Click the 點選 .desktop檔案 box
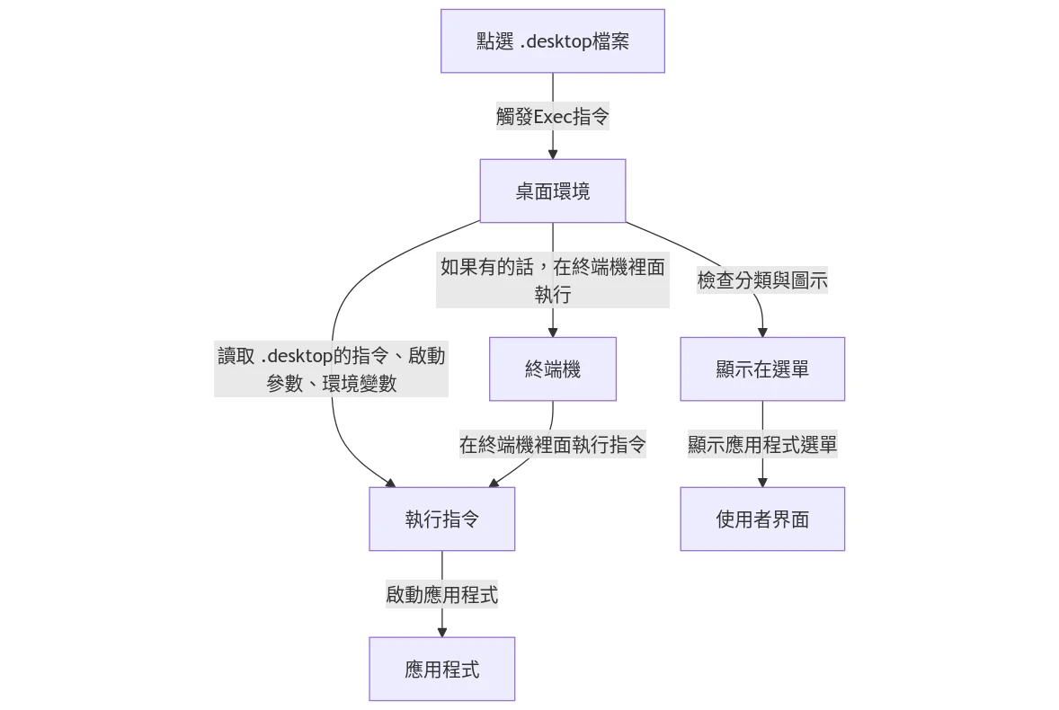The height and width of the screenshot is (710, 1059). coord(552,41)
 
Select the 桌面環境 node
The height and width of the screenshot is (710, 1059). coord(552,191)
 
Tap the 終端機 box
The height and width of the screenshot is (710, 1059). coord(552,368)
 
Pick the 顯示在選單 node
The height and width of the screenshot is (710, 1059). coord(762,368)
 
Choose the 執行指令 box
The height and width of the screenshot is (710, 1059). coord(441,519)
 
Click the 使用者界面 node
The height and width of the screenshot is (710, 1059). coord(762,519)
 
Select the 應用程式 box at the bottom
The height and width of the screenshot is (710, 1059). coord(441,669)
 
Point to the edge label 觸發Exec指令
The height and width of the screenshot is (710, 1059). coord(552,116)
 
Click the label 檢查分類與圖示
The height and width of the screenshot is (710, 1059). coord(762,280)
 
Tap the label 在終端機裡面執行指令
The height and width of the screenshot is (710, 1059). coord(552,444)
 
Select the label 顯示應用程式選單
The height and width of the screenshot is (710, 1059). coord(762,444)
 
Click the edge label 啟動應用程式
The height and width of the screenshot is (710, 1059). coord(441,594)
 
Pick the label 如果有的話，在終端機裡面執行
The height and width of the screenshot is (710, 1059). coord(552,280)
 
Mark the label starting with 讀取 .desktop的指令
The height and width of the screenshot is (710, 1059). coord(331,368)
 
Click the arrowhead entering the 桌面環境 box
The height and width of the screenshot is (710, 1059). coord(552,154)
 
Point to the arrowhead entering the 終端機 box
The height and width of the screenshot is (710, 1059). coord(552,332)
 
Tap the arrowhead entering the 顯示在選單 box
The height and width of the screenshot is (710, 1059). coord(762,332)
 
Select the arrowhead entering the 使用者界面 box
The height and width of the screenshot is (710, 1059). coord(762,482)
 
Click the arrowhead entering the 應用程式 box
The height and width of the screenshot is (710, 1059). coord(441,632)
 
